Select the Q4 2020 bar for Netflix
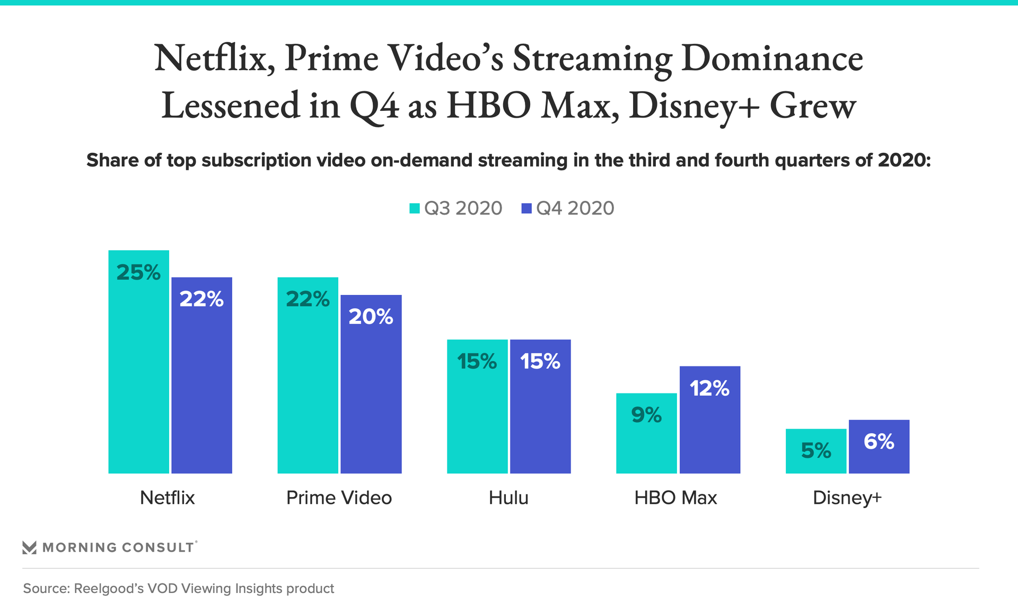coord(201,382)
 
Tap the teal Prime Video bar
coord(308,382)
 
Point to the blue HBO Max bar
coord(709,424)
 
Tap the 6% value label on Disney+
coord(879,441)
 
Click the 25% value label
coord(138,273)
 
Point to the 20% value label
coord(371,317)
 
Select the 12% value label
coord(709,389)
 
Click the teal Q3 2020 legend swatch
coord(414,208)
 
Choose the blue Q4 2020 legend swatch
coord(526,208)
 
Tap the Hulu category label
coord(508,498)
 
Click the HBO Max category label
coord(675,498)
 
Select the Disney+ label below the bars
coord(847,498)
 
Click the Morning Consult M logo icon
coord(30,547)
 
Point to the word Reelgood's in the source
coord(109,589)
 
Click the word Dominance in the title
coord(772,58)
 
